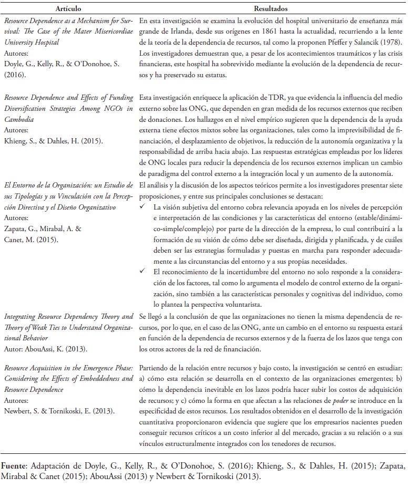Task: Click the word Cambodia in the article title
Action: point(18,119)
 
